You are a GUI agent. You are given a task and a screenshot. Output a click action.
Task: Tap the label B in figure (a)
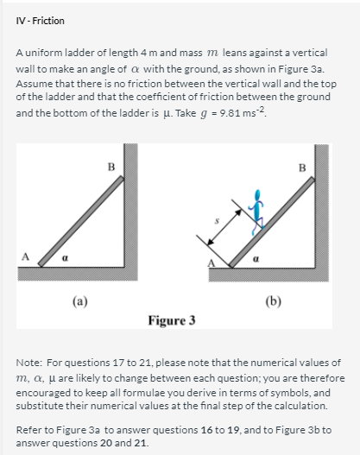pos(110,164)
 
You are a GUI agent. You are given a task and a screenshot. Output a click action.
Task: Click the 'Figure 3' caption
pos(171,320)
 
